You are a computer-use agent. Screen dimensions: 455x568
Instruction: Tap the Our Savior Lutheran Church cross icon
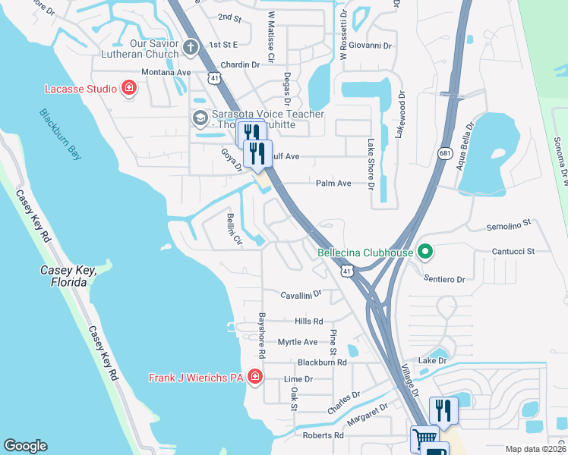[191, 49]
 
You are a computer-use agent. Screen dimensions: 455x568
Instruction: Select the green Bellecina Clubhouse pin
[425, 252]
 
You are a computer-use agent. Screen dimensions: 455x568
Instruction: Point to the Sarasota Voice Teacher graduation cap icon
[200, 118]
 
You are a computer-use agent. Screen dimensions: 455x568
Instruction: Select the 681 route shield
[446, 153]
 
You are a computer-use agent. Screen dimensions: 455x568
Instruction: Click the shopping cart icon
[424, 439]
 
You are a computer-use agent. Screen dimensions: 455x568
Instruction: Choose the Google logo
[25, 446]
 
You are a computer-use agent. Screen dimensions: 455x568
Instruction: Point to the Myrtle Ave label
[297, 342]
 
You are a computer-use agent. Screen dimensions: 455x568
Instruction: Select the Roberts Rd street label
[323, 435]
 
